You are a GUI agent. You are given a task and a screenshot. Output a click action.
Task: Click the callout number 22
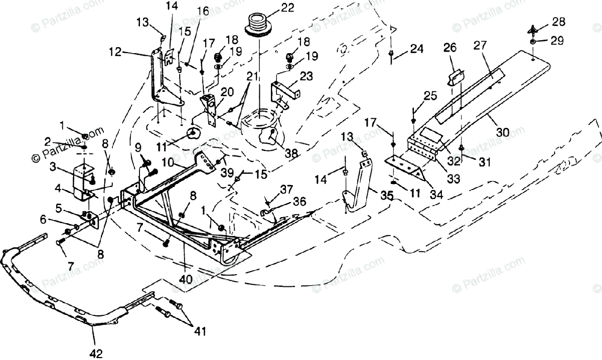287,8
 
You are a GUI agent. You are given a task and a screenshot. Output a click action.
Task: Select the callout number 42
96,353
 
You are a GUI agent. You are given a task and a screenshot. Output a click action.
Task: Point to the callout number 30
503,132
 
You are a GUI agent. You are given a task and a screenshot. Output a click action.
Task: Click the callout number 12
115,52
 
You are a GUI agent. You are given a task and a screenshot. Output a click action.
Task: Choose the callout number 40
186,280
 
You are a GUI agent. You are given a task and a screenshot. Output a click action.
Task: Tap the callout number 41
200,331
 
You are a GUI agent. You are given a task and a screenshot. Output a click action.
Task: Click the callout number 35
387,196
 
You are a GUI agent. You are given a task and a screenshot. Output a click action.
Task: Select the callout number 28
558,22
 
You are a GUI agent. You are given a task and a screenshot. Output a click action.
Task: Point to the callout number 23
306,76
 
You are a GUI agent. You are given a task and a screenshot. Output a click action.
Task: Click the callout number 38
291,153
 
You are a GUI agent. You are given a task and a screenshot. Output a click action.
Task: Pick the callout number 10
168,162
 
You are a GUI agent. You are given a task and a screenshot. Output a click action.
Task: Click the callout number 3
53,167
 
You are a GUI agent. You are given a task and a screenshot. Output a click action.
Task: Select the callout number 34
436,195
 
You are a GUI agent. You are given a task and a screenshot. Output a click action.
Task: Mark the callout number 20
227,92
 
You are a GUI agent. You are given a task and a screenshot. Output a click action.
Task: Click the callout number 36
299,201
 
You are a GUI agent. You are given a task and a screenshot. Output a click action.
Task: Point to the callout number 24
417,49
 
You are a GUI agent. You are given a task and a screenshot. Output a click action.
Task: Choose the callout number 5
59,208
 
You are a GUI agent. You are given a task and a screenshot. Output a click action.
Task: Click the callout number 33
453,178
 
